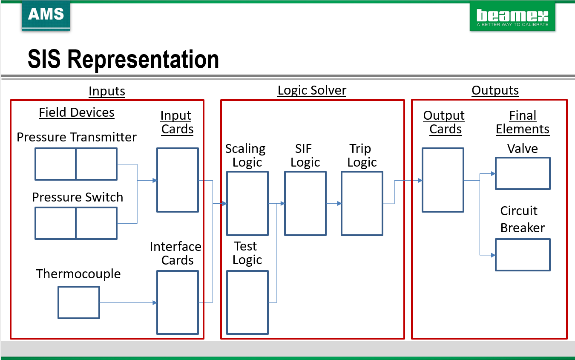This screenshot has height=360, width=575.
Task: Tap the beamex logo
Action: pyautogui.click(x=512, y=17)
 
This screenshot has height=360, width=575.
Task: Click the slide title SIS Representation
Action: pyautogui.click(x=123, y=59)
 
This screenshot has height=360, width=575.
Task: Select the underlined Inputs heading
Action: pyautogui.click(x=106, y=91)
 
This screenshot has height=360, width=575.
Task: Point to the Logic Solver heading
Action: pyautogui.click(x=312, y=90)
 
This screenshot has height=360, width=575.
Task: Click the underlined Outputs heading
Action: pyautogui.click(x=495, y=90)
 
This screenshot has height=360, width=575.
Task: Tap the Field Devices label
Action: pyautogui.click(x=77, y=112)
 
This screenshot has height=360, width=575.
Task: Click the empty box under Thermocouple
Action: pyautogui.click(x=79, y=302)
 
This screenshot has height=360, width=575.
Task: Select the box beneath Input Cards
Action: pyautogui.click(x=178, y=180)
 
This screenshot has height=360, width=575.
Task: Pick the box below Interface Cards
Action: pyautogui.click(x=178, y=302)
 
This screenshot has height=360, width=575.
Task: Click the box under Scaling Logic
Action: pyautogui.click(x=247, y=203)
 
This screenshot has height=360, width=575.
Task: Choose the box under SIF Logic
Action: pyautogui.click(x=305, y=203)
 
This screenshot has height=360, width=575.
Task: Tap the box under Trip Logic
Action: pyautogui.click(x=362, y=203)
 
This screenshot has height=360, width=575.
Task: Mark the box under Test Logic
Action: pyautogui.click(x=247, y=302)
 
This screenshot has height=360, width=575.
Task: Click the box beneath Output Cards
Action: pyautogui.click(x=443, y=180)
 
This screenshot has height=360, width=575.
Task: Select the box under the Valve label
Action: pyautogui.click(x=523, y=173)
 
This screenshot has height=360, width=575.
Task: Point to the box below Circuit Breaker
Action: pyautogui.click(x=523, y=255)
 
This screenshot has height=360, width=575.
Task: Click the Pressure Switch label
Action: pyautogui.click(x=78, y=197)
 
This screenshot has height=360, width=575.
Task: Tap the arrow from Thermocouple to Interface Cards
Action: pyautogui.click(x=128, y=303)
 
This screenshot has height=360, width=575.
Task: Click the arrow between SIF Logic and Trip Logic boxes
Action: pyautogui.click(x=333, y=204)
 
